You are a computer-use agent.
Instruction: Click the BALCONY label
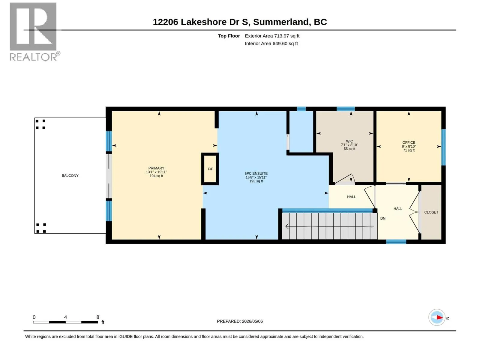[x=70, y=175]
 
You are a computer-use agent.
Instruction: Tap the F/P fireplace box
[x=210, y=169]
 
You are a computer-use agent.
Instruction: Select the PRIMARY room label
[x=156, y=168]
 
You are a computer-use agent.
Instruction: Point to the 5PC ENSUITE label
[x=256, y=173]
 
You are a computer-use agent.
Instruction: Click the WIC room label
[x=349, y=141]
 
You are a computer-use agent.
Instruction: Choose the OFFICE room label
[x=409, y=142]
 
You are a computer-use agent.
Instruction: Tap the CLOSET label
[x=431, y=212]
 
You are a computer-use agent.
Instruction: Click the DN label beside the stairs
[x=383, y=218]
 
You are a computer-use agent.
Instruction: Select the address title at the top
[x=240, y=22]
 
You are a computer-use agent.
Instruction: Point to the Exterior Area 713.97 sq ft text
[x=272, y=36]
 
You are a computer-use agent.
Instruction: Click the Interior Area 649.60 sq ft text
[x=271, y=43]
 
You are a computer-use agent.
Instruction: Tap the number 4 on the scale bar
[x=65, y=317]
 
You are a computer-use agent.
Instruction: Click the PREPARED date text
[x=240, y=321]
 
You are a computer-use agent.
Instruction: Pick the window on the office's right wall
[x=443, y=147]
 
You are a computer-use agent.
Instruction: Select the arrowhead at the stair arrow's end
[x=287, y=226]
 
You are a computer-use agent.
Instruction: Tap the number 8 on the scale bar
[x=98, y=317]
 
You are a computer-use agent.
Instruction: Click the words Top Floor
[x=229, y=36]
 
